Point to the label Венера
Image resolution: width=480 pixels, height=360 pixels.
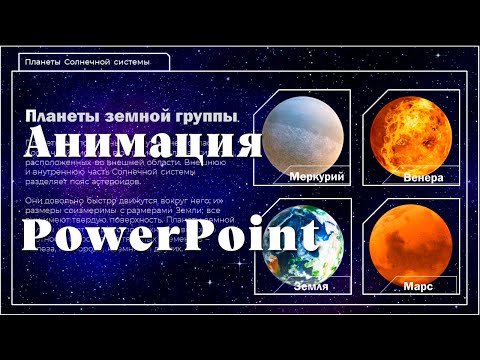[423, 177]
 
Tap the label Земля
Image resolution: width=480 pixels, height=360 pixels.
[311, 286]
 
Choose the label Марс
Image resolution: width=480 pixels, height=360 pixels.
[418, 286]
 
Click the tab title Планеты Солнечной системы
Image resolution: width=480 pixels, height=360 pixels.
[87, 62]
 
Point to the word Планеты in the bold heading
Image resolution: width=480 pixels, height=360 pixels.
[59, 116]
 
